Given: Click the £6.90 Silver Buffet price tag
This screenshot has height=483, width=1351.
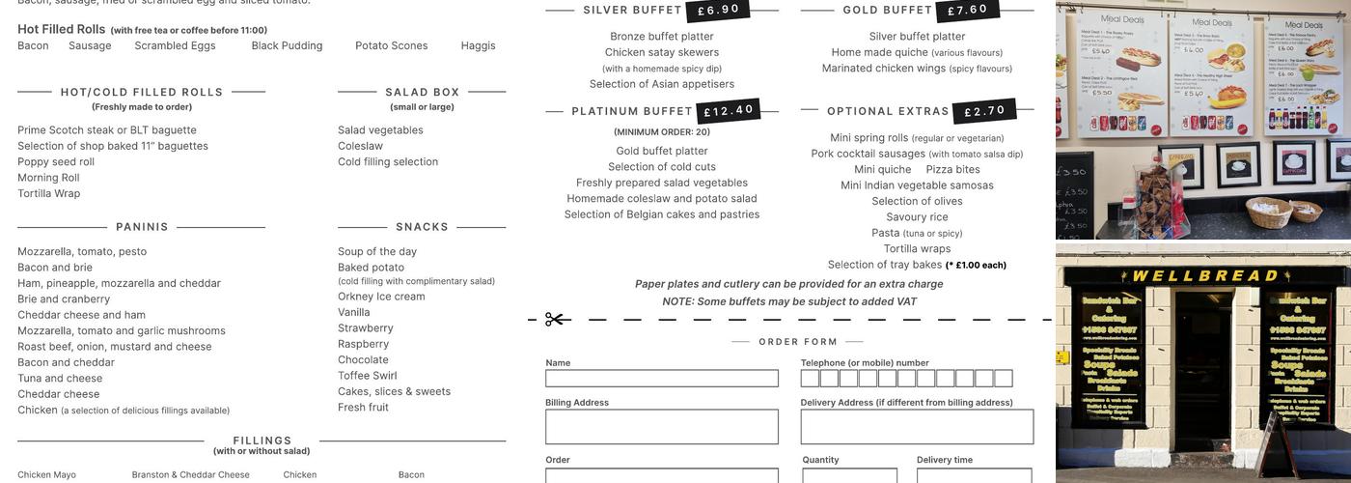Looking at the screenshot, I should [719, 10].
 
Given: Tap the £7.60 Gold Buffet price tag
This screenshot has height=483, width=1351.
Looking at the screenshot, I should [968, 10].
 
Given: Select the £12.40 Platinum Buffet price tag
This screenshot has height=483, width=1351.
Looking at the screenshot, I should [729, 111].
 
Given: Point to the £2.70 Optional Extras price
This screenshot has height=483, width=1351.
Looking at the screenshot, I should [985, 111].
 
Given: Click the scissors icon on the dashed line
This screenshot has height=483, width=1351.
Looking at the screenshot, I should [555, 319].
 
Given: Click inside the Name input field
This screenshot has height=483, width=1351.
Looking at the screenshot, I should [661, 379].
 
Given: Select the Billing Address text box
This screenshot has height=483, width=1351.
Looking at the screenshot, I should [661, 427].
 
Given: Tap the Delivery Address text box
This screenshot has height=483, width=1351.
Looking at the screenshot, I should [917, 427].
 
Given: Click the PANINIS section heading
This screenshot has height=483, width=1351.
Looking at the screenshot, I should [142, 227].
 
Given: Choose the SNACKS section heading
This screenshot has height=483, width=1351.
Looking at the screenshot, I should [422, 227].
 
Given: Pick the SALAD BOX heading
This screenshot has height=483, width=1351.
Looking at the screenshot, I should [422, 93].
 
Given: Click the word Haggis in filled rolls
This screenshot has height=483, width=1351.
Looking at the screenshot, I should [478, 45].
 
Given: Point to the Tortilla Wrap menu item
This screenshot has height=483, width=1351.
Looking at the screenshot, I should [49, 193].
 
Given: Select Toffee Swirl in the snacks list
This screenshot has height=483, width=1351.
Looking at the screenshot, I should [367, 376].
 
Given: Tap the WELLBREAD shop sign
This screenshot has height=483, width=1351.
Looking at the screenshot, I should [1204, 276].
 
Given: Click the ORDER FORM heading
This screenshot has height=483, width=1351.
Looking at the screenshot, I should [798, 342].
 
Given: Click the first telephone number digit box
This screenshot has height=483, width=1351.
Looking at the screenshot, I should [810, 379].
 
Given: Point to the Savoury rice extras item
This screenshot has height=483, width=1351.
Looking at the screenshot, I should [917, 217].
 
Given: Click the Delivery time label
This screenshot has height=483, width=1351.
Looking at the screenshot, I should [944, 460].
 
